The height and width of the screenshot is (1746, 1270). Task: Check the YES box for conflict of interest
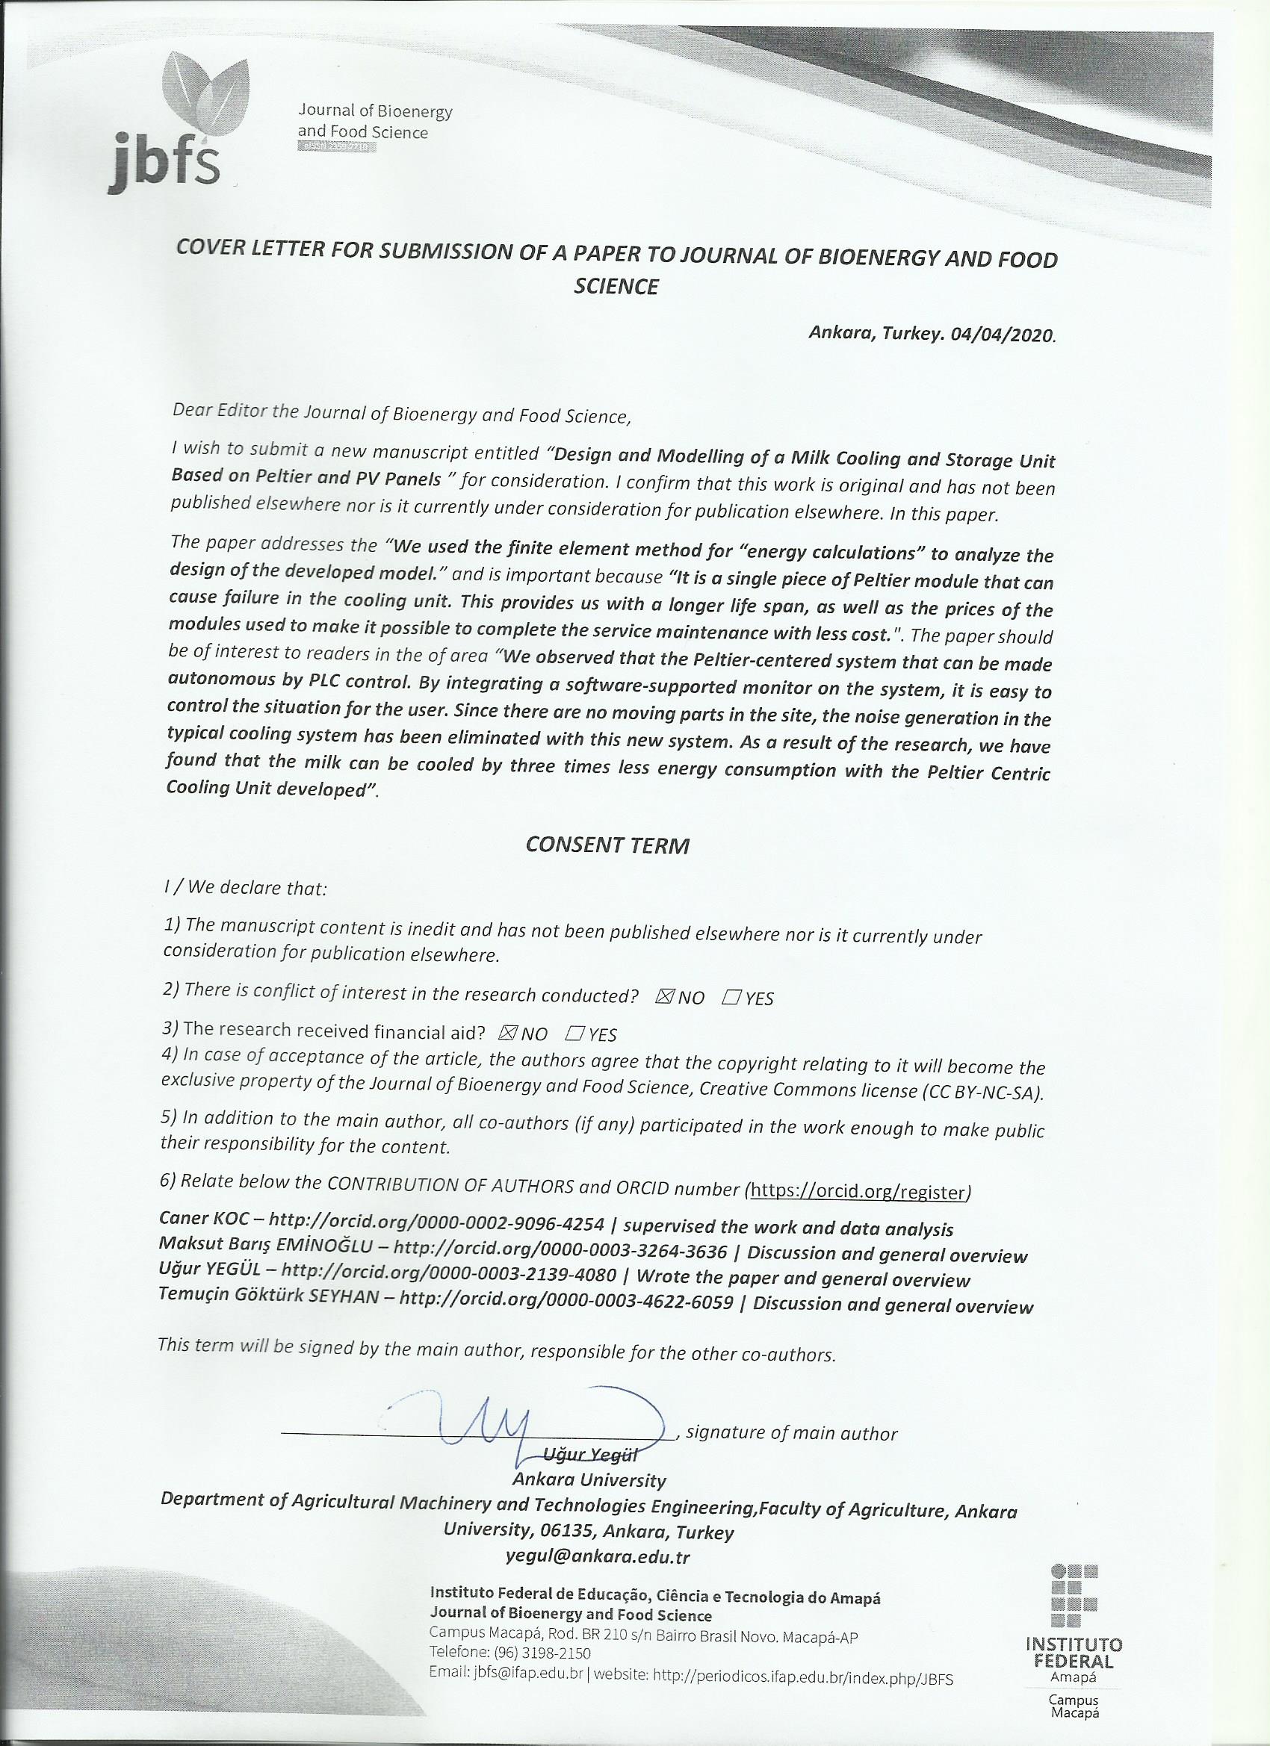click(731, 998)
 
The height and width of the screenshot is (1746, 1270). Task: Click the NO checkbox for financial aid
click(508, 1034)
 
